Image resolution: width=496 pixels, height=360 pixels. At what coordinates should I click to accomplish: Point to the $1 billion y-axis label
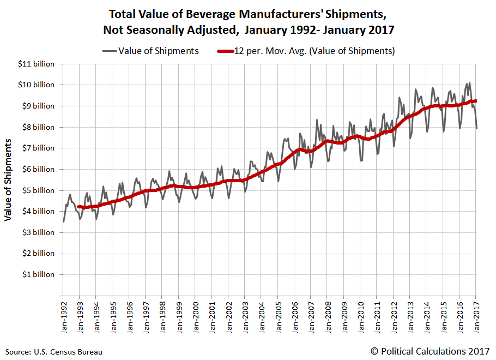point(39,274)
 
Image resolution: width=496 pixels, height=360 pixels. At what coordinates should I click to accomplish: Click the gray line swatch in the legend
point(110,51)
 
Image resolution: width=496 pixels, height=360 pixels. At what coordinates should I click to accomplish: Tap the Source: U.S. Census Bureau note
point(54,352)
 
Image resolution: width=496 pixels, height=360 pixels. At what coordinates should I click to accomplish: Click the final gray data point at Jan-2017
point(477,128)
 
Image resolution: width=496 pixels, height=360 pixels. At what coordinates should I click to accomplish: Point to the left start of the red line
point(78,207)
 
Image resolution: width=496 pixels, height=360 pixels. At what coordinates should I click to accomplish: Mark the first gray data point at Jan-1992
point(64,221)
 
